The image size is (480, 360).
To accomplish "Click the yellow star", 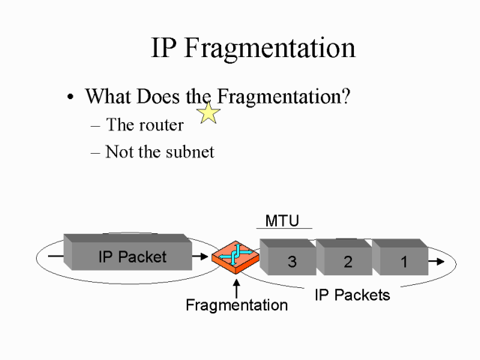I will coord(208,112).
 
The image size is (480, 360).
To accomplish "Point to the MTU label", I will coord(282,220).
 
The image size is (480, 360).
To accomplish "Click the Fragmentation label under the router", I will coord(236,305).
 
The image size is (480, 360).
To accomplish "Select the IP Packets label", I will coord(352,295).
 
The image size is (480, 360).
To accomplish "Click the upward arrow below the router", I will coord(237,287).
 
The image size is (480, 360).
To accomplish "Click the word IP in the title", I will coord(164,48).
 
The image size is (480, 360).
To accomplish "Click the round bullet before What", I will coord(70,98).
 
